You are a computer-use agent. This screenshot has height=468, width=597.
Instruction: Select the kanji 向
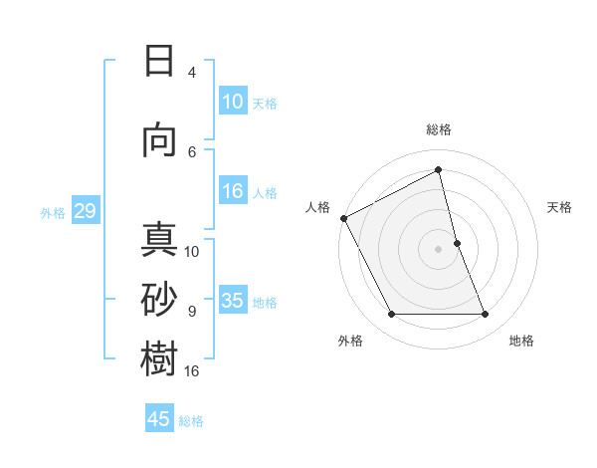point(160,140)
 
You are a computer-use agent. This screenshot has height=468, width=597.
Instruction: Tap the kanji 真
point(160,241)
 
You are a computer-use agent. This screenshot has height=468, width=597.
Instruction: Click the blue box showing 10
point(233,102)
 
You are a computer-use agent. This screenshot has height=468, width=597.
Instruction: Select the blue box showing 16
point(233,192)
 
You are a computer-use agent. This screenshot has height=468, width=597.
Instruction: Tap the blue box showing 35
point(233,301)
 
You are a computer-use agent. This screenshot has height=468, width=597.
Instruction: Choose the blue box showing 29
point(85,211)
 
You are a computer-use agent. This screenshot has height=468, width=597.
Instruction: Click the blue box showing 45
point(159,419)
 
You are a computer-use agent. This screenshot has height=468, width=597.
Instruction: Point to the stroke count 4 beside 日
point(192,73)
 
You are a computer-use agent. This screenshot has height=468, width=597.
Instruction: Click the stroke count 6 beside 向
point(192,151)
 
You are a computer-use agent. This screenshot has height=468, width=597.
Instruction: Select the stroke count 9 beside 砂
point(192,312)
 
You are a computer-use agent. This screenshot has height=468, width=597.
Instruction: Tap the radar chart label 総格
point(439,129)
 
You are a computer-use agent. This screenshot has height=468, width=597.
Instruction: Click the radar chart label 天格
point(560,207)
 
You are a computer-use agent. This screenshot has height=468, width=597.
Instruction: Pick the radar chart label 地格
point(521,341)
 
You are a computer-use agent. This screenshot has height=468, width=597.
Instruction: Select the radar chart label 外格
point(350,341)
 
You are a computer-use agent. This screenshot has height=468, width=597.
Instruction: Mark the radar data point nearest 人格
point(343,218)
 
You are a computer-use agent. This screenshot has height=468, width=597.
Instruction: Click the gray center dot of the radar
point(439,248)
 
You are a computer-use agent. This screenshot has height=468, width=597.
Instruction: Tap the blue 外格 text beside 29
point(53,212)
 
